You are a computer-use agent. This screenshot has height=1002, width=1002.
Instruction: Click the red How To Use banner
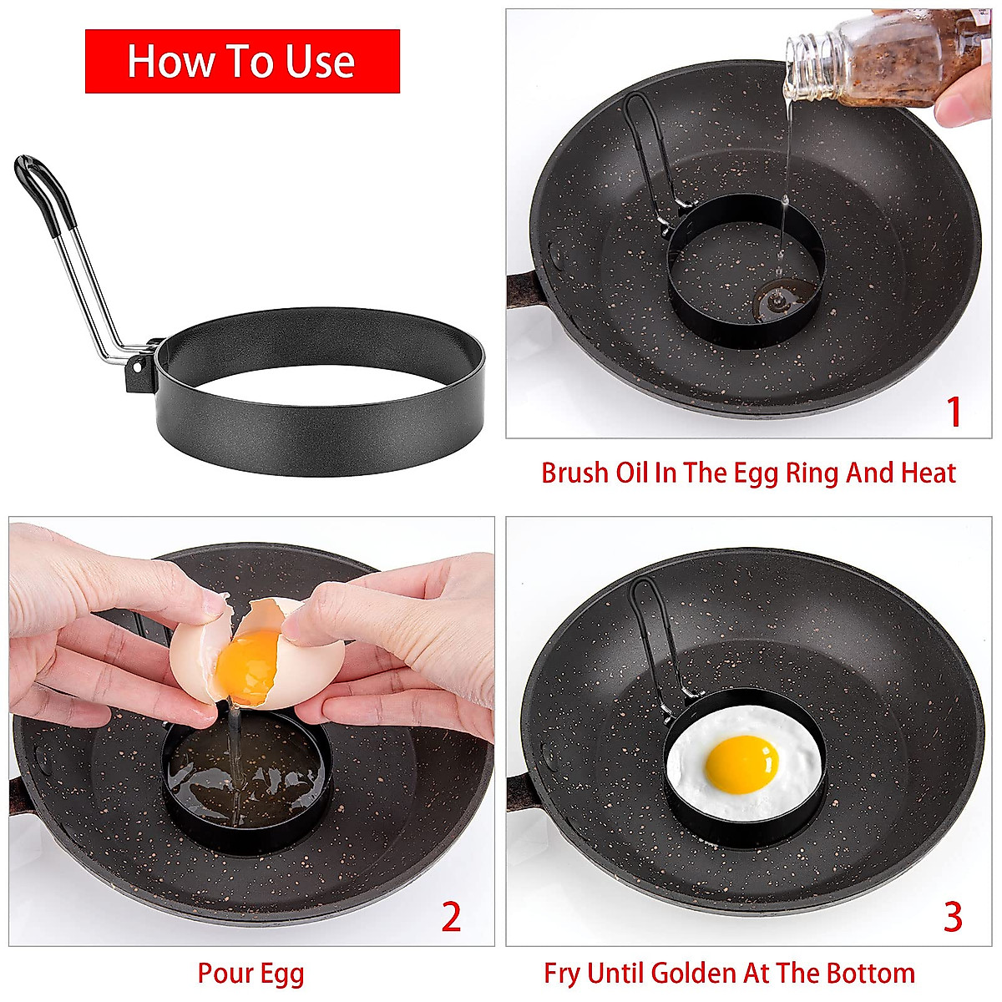pos(242,62)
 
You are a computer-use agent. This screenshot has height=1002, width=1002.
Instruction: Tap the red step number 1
pos(953,412)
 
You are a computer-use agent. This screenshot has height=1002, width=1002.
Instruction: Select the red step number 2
pos(451,917)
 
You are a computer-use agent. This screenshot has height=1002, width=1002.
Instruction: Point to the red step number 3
pos(953,917)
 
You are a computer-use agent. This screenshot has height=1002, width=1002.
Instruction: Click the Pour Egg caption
pos(250,974)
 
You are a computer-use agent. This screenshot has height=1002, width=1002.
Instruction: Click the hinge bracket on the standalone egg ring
pos(139,367)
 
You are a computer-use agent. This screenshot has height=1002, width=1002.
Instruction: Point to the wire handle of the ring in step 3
pos(655,635)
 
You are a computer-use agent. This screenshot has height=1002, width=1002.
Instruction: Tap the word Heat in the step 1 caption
pos(928,473)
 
